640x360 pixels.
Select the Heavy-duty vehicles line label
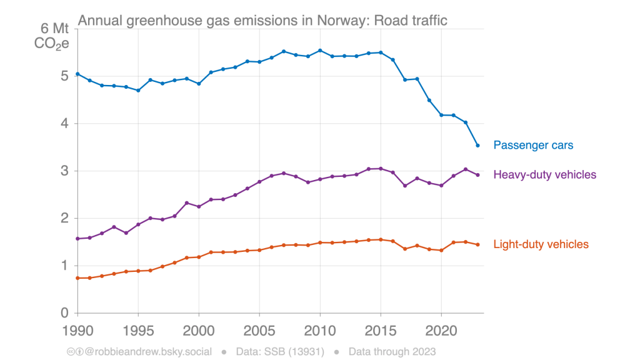pos(544,174)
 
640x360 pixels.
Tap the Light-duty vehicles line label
pos(541,244)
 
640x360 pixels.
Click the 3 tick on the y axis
pos(64,171)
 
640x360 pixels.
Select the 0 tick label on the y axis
pos(64,313)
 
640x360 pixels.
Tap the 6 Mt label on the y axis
pos(54,29)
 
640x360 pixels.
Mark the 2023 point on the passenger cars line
pos(477,146)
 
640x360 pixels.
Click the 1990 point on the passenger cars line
pos(77,74)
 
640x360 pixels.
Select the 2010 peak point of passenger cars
pos(320,51)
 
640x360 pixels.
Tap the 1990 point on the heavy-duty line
pos(77,239)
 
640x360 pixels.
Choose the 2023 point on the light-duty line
pos(477,244)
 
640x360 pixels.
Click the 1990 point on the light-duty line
pos(77,278)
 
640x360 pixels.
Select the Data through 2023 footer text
pos(392,351)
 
